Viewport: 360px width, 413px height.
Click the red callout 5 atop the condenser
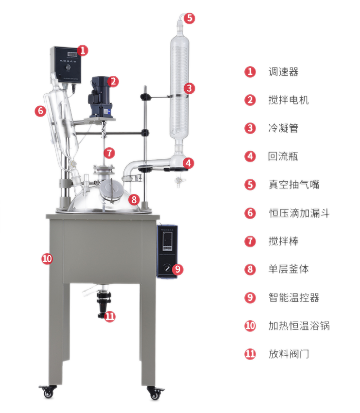click(x=189, y=18)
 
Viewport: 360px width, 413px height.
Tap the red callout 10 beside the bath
click(x=47, y=258)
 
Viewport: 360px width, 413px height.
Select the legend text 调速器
click(x=283, y=72)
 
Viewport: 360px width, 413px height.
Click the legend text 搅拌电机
click(x=289, y=100)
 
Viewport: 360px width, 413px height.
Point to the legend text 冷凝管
click(x=283, y=128)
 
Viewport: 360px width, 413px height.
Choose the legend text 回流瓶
click(x=283, y=156)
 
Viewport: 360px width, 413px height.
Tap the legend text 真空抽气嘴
click(x=294, y=185)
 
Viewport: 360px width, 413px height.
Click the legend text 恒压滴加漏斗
click(x=299, y=213)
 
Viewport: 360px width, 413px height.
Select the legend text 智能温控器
click(x=294, y=298)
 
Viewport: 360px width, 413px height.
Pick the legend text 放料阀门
click(x=289, y=354)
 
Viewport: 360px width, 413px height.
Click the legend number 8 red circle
click(x=250, y=270)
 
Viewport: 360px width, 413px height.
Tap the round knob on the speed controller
click(x=68, y=68)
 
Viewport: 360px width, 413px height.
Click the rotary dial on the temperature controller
click(x=167, y=268)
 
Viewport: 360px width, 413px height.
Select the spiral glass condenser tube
click(x=180, y=89)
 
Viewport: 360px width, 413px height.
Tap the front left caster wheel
click(x=48, y=392)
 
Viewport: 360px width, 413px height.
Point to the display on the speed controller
click(x=72, y=54)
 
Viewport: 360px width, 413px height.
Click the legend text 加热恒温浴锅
click(x=299, y=326)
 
